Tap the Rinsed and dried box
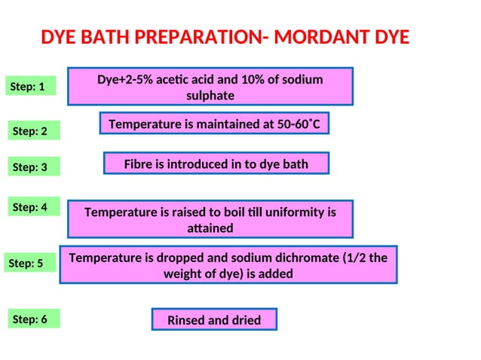(x=214, y=320)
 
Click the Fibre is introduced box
(x=216, y=163)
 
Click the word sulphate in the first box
(x=210, y=96)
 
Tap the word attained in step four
(x=210, y=227)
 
